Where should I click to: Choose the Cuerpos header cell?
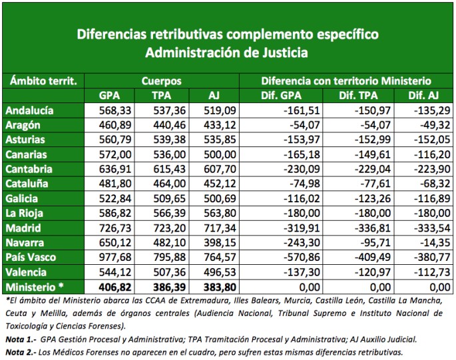point(161,81)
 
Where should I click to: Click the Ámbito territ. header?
point(45,81)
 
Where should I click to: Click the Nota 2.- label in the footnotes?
point(19,351)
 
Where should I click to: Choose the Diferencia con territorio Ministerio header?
point(346,81)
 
